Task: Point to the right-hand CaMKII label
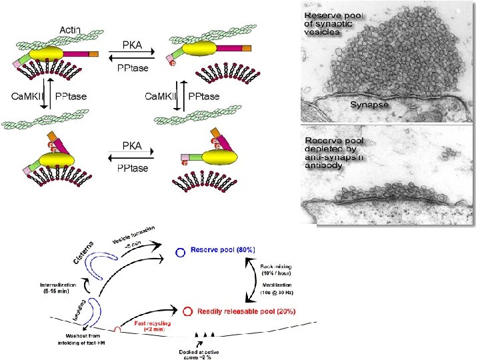click(163, 97)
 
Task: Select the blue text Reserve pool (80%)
click(223, 249)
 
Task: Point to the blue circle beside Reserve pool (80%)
click(180, 253)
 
